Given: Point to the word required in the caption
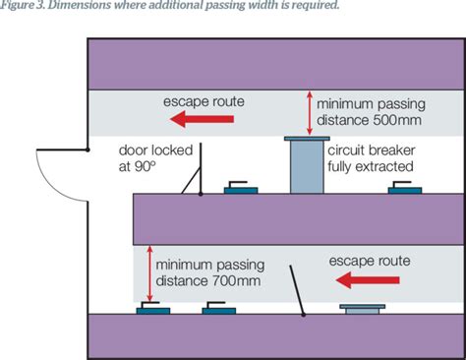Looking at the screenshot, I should click(x=316, y=7).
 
